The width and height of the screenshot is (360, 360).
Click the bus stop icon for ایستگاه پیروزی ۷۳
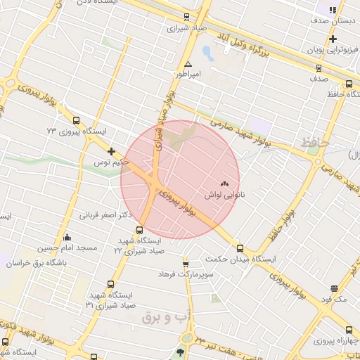coord(76,121)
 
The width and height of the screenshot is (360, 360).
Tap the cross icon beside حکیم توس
coord(111,151)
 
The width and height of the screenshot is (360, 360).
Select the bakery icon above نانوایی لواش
coord(225,183)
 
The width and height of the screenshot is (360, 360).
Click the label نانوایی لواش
coord(224,193)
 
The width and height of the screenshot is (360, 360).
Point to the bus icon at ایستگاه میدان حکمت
coord(240,248)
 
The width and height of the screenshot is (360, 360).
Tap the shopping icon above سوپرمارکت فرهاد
coord(186,264)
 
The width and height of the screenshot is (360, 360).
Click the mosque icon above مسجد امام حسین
coord(67,238)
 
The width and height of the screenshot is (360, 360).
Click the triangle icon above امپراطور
coord(188,64)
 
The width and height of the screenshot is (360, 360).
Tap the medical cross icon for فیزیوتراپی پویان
coord(333,39)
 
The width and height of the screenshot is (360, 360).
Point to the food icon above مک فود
coord(333,288)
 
